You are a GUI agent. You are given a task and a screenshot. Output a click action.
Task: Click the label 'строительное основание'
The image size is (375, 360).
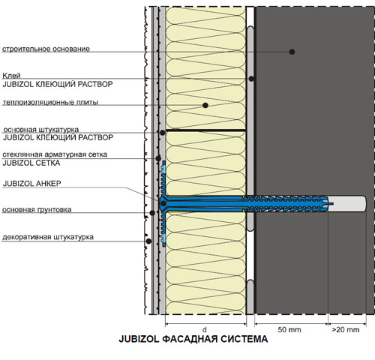point(46,49)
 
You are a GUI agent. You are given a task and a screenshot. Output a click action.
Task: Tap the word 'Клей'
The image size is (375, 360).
point(11,76)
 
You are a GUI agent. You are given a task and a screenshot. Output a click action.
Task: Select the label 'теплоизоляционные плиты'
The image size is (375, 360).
point(50,102)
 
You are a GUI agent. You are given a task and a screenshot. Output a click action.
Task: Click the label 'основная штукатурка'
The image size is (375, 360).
point(41,130)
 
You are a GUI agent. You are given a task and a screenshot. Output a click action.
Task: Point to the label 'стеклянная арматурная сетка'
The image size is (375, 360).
point(55,154)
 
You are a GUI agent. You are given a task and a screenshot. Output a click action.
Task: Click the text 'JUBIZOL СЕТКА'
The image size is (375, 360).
point(31,163)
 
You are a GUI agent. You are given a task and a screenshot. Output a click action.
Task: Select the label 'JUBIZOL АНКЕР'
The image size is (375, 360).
point(32,184)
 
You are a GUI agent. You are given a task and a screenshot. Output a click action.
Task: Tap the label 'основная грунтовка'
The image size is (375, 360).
point(37,209)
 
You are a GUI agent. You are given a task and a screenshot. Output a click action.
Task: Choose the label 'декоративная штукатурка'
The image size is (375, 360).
point(48,237)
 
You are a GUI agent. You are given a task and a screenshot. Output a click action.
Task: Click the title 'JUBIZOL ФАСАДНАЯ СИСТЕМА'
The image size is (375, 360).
point(193,339)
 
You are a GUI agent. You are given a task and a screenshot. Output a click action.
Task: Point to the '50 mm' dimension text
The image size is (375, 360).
point(289,330)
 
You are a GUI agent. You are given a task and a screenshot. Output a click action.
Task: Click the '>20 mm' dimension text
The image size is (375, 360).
point(346,330)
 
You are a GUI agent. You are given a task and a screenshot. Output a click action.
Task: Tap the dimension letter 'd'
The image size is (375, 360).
point(205,329)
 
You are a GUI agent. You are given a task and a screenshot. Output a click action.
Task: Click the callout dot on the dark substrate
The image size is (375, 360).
point(292,52)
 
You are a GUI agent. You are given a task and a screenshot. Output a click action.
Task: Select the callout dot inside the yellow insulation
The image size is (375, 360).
point(205,105)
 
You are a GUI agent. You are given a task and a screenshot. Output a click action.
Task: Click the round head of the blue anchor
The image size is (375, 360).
point(163,203)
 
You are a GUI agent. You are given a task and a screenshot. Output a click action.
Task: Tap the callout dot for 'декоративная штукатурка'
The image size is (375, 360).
point(148,241)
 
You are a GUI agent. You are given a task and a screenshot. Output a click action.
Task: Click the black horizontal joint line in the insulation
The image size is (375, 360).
point(205,130)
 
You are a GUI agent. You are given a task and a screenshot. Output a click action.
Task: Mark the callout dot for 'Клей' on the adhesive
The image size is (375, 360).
point(252,79)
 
